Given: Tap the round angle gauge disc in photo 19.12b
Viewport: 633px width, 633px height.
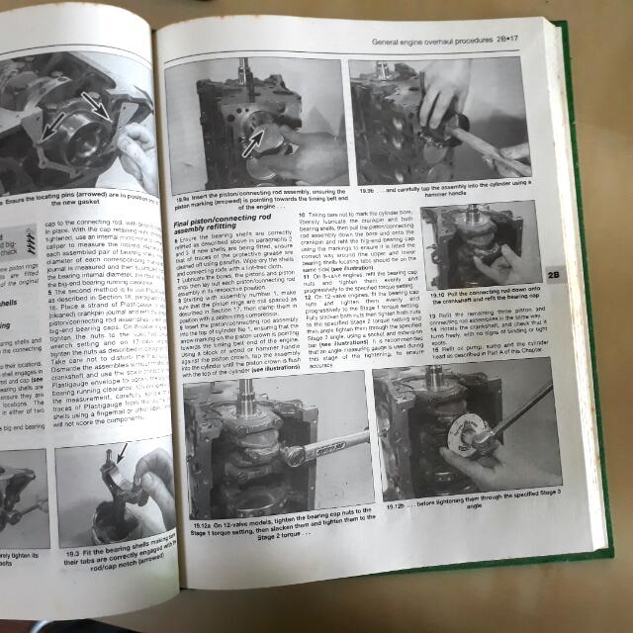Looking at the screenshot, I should pyautogui.click(x=464, y=439).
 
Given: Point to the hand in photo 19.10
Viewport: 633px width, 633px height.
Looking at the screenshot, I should pyautogui.click(x=503, y=262).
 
